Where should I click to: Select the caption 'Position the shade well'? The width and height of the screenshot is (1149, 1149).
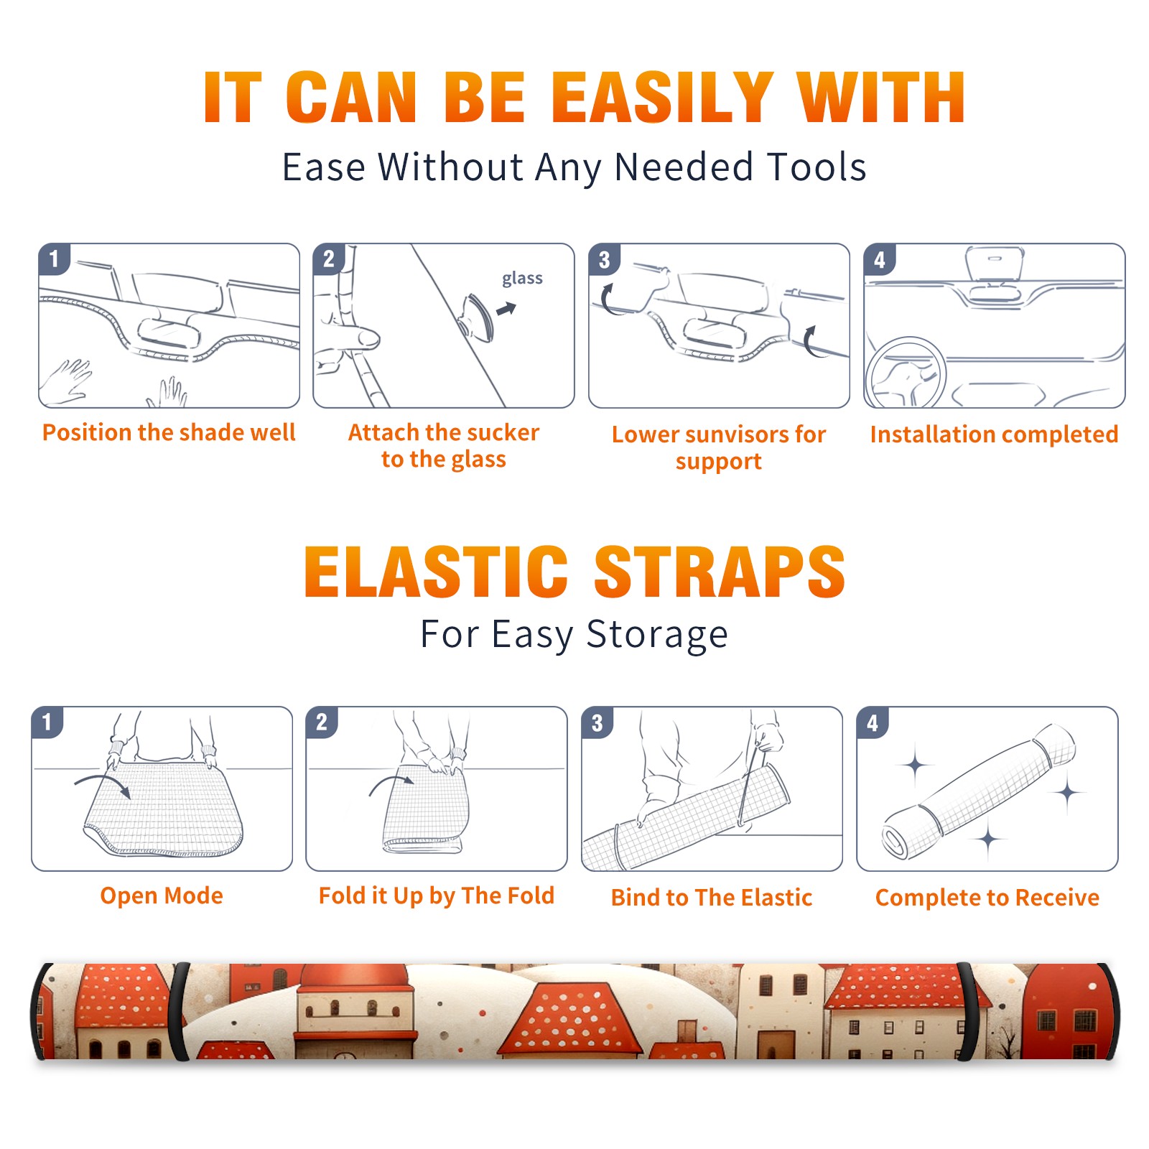(169, 432)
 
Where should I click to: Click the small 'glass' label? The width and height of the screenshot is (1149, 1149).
(522, 279)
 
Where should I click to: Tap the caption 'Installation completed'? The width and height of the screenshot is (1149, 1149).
(994, 434)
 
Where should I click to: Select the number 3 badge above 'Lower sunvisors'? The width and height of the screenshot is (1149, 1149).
(604, 259)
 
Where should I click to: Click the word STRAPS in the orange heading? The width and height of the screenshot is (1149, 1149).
(720, 572)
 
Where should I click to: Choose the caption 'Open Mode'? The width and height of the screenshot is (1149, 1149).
(162, 896)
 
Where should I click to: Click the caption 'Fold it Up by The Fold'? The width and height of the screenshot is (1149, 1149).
(437, 896)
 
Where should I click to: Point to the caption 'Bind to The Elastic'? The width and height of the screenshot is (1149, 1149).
(712, 898)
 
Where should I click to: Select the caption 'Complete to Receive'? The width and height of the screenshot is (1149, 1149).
(987, 898)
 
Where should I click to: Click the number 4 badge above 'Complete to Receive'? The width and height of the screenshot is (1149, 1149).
(873, 722)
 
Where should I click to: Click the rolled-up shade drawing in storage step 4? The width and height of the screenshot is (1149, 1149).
(979, 791)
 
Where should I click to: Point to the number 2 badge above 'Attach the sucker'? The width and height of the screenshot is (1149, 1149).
(328, 259)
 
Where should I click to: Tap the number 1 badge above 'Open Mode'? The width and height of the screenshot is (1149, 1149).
(47, 722)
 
